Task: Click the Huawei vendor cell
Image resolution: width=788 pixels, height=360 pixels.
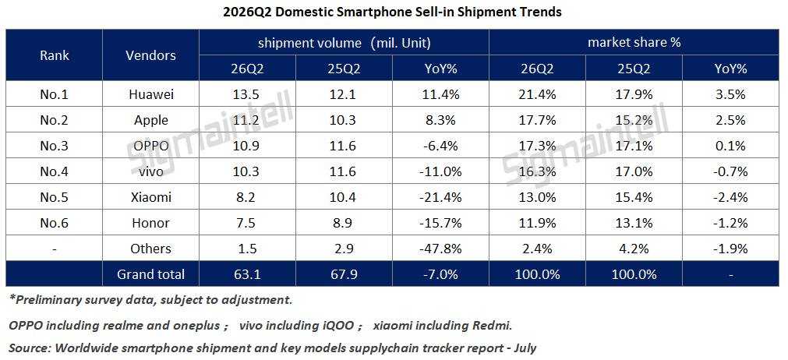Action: pos(150,94)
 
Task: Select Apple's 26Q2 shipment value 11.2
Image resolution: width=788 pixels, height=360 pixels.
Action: pos(247,120)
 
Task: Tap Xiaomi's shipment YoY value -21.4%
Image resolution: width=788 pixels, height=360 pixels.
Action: pos(440,197)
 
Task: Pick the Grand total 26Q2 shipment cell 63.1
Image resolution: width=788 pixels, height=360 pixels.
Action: pos(247,274)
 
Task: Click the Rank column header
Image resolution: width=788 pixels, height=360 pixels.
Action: pos(55,55)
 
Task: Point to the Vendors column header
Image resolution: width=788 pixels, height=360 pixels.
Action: pos(150,55)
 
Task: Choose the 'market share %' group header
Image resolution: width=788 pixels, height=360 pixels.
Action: pos(634,43)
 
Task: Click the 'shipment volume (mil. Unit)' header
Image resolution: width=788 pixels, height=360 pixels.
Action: pos(345,43)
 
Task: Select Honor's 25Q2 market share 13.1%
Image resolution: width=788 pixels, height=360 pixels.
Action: pos(634,223)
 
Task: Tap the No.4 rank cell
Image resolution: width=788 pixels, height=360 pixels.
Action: pos(55,171)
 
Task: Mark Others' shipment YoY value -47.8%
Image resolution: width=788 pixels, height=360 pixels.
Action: pos(440,249)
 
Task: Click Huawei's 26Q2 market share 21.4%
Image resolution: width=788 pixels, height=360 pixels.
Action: pos(537,94)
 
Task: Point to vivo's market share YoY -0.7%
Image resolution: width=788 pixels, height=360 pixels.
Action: pos(730,171)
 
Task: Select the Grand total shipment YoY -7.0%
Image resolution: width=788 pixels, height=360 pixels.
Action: pos(440,274)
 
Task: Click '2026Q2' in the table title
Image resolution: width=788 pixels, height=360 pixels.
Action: pos(248,12)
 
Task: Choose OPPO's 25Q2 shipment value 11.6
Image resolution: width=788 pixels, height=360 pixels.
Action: pos(344,146)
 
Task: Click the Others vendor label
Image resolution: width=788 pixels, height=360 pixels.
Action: pos(150,249)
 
